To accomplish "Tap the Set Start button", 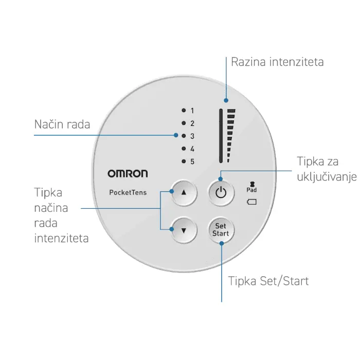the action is tap(221, 230).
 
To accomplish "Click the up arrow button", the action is tap(184, 192).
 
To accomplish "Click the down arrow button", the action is tap(184, 230).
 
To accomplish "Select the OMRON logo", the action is tap(128, 174).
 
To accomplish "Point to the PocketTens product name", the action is tap(128, 192).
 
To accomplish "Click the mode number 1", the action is tap(192, 111).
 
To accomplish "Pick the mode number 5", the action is tap(192, 161).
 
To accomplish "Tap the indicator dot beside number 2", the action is tap(184, 123).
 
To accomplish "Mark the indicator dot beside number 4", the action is tap(184, 149).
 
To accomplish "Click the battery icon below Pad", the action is tap(251, 202).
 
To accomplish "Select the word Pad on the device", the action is tap(251, 190).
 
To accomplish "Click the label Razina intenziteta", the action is tap(277, 62).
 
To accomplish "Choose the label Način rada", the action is tap(62, 124).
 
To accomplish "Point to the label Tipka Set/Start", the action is tap(268, 281).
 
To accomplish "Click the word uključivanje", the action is tap(327, 177).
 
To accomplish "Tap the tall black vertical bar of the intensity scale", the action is tap(221, 136).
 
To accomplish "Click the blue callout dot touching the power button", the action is tap(221, 179).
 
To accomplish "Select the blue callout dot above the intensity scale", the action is tap(226, 100).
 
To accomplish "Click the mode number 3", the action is tap(192, 136).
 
